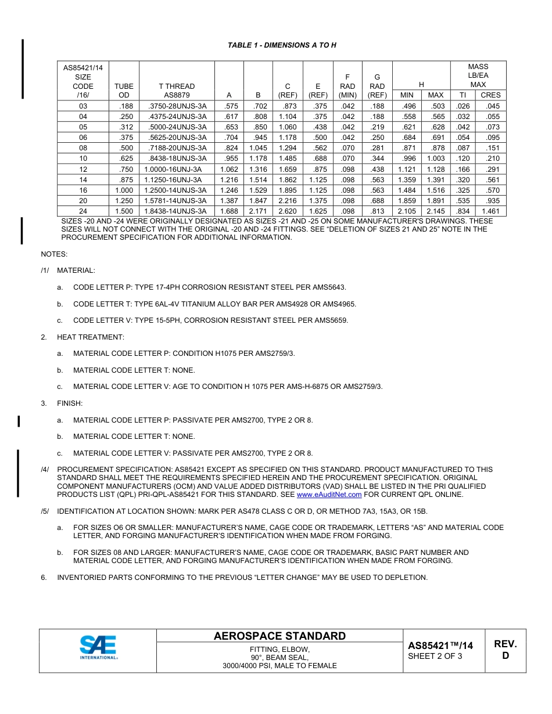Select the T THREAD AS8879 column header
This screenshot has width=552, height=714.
click(177, 91)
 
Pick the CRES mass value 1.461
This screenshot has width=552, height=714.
click(490, 211)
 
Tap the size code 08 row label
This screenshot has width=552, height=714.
click(83, 148)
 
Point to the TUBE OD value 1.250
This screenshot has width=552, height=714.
click(124, 201)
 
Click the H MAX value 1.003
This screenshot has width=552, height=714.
click(435, 158)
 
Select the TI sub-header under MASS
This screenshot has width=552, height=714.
click(463, 95)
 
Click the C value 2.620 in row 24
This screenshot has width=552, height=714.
click(287, 211)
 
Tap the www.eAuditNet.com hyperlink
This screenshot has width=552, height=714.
click(329, 495)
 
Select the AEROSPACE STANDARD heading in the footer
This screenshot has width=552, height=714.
click(279, 636)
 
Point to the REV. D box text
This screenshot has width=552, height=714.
click(505, 650)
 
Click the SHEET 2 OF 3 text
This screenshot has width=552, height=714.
click(435, 657)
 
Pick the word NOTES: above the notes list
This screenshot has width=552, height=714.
click(54, 254)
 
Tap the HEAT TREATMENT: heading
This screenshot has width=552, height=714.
click(90, 337)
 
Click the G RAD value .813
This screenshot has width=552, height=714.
click(377, 211)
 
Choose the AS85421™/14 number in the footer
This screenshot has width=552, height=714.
click(440, 646)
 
